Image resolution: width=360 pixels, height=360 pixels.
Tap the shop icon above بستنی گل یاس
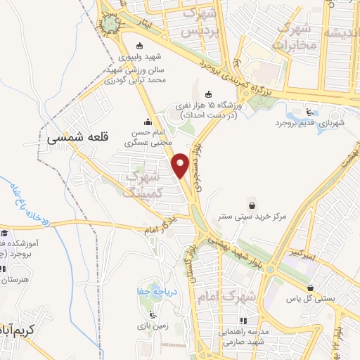pyautogui.click(x=311, y=287)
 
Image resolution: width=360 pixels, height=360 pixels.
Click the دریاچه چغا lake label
pyautogui.click(x=152, y=291)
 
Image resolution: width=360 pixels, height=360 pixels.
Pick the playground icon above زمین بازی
pyautogui.click(x=151, y=314)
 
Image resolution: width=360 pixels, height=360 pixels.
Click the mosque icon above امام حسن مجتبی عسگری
pyautogui.click(x=148, y=120)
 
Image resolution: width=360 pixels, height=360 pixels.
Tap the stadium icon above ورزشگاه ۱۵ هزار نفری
pyautogui.click(x=209, y=94)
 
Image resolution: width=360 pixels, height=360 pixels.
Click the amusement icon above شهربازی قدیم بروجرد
pyautogui.click(x=310, y=110)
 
